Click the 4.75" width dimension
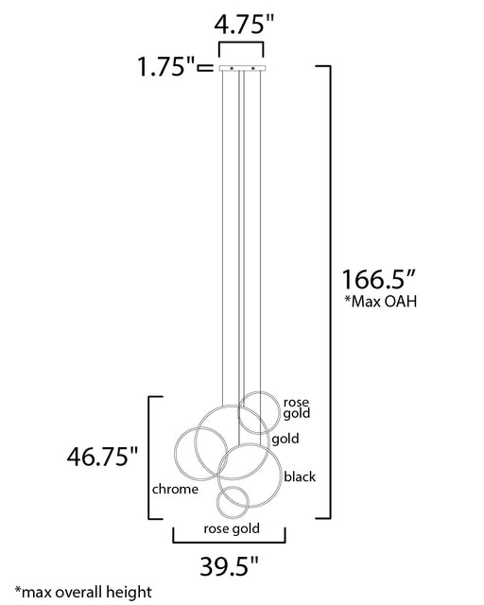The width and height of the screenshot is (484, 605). [244, 25]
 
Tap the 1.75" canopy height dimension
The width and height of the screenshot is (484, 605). [166, 66]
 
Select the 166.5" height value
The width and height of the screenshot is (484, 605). [379, 280]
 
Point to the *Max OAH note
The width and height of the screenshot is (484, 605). [381, 301]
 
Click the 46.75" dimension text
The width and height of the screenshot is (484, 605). [102, 457]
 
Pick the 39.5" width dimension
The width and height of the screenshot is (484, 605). [229, 566]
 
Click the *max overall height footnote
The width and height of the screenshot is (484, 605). [83, 592]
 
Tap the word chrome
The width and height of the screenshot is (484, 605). [175, 489]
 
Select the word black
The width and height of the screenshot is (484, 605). [300, 476]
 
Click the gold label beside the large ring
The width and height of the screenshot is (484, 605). [285, 439]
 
